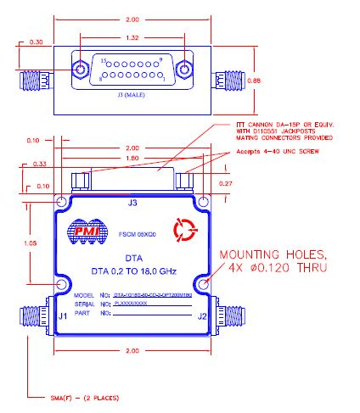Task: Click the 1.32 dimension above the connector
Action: point(130,37)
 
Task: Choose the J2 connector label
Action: point(200,317)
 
